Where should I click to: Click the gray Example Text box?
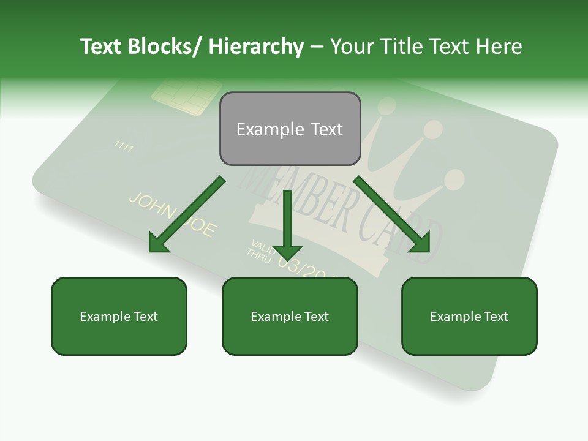click(x=290, y=129)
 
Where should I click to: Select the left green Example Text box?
click(x=119, y=316)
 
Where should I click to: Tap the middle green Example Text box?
click(x=290, y=316)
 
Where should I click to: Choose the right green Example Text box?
click(x=469, y=316)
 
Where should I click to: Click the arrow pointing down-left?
click(x=187, y=214)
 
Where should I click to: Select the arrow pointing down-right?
click(x=392, y=214)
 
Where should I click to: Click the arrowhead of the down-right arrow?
click(x=421, y=243)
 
